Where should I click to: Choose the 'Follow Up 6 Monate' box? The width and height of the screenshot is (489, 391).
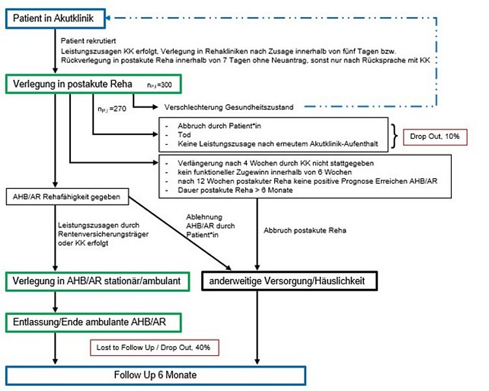155,377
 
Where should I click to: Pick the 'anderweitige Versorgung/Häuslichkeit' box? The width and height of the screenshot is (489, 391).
287,280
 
